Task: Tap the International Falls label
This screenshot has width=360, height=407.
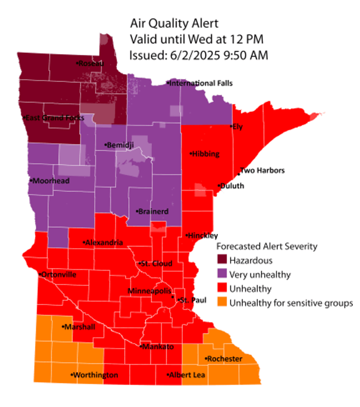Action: [x=200, y=83]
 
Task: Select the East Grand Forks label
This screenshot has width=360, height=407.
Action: [x=54, y=118]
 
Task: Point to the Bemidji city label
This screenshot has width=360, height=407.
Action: [x=119, y=145]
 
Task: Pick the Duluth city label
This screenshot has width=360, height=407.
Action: [x=231, y=186]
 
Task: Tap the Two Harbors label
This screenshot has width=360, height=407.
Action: [x=262, y=171]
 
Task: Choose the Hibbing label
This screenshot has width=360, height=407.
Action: [x=205, y=154]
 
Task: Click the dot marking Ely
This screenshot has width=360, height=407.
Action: [x=231, y=127]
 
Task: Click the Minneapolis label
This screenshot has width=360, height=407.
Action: [x=149, y=291]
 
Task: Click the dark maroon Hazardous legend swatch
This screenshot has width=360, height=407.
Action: [x=222, y=261]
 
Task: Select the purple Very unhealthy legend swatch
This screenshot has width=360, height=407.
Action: [x=222, y=275]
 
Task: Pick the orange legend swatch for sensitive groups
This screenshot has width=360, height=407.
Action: [x=222, y=303]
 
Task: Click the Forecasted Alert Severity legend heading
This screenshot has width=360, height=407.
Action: [x=267, y=246]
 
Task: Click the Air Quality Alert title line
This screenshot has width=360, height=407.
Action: [x=174, y=24]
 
